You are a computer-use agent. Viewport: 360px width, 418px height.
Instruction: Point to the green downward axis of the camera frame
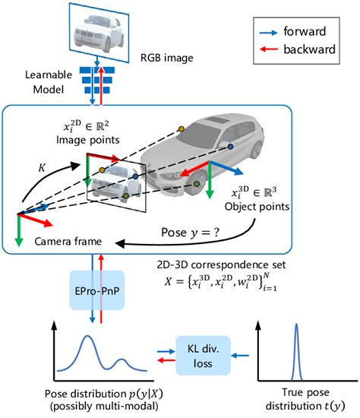[17, 235]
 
